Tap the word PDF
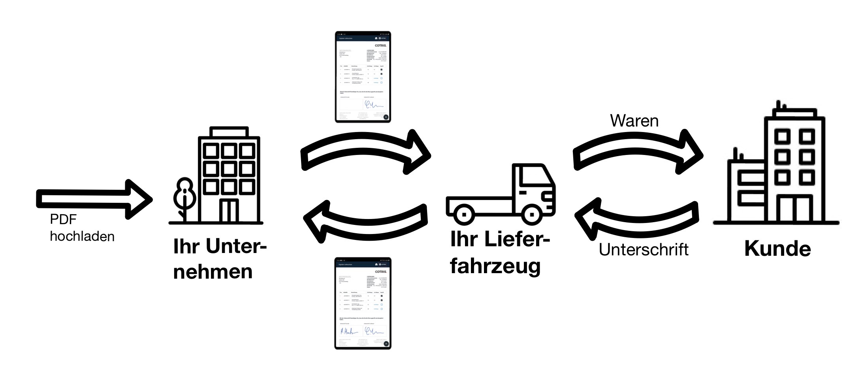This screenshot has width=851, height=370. point(63,219)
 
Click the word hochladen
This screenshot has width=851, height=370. point(82,236)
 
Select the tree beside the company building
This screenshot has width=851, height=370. point(184,198)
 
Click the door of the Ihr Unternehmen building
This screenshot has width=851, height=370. point(229,210)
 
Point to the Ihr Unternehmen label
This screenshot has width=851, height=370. point(219,259)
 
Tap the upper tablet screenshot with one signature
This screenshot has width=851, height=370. point(363,77)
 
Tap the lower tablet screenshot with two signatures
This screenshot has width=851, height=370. point(363,303)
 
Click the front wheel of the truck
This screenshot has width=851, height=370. point(532,215)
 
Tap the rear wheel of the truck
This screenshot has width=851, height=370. point(464,215)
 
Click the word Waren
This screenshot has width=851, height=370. point(634,121)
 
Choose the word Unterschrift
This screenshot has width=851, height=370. point(644,249)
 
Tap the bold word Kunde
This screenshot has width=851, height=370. point(777,249)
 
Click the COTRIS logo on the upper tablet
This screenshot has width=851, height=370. point(380,45)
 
